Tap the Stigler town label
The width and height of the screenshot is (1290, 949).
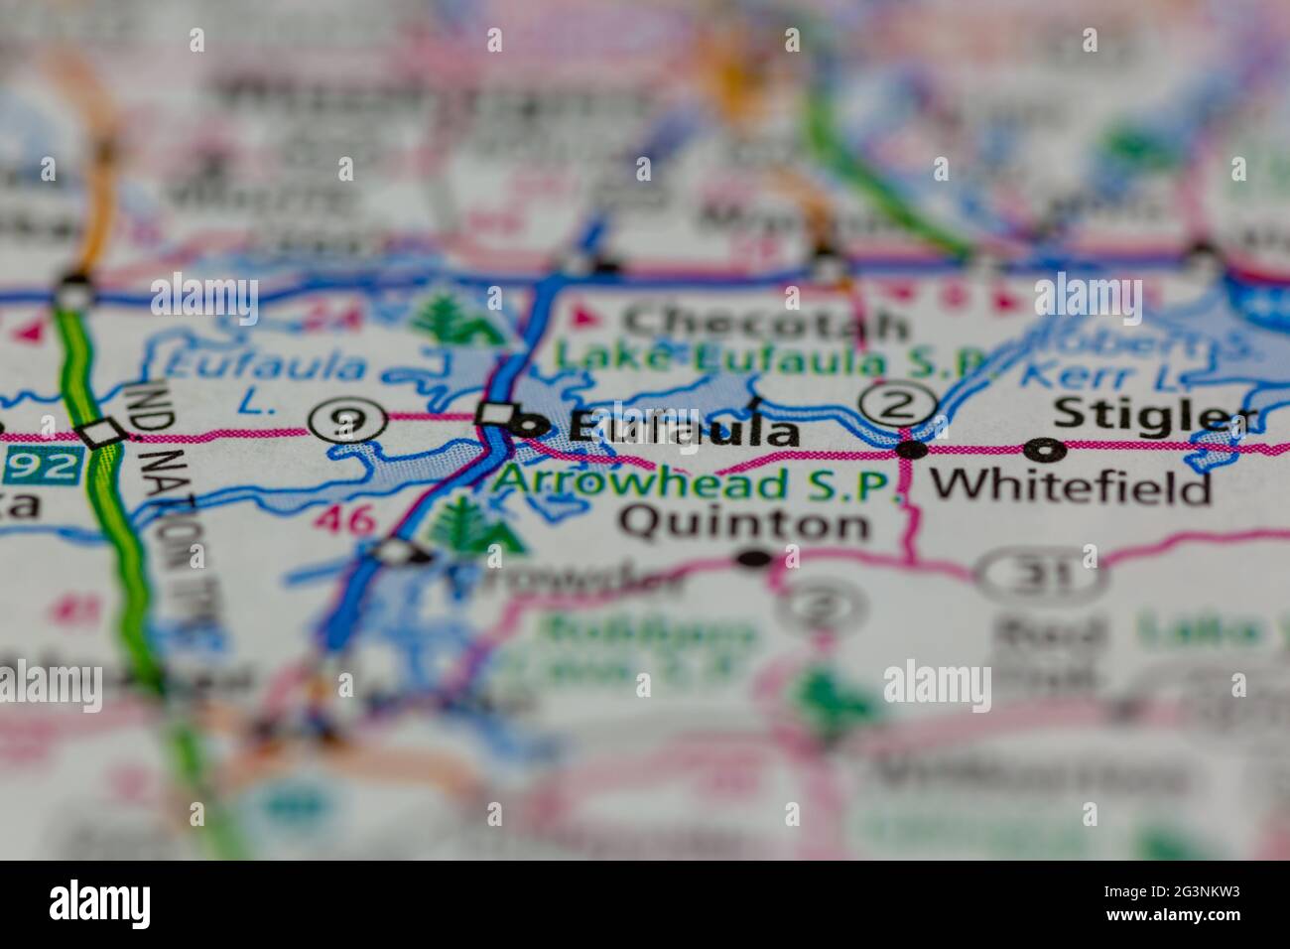(x=1154, y=413)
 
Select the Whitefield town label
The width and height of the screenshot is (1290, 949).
(x=1072, y=485)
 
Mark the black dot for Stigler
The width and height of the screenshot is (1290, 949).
(x=1049, y=452)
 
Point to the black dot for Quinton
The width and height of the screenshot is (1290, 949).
(x=755, y=559)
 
